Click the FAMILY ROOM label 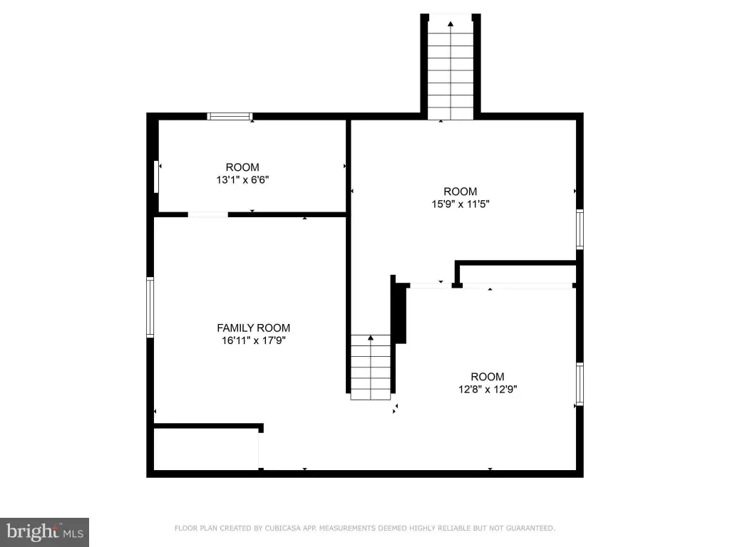[253, 328]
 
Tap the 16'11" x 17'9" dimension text [253, 340]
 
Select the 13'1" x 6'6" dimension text [242, 179]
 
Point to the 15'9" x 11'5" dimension [461, 204]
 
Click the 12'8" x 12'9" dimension [488, 389]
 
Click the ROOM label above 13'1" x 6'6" [242, 167]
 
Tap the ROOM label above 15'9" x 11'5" [461, 191]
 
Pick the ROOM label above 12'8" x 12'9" [488, 376]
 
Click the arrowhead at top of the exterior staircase [451, 24]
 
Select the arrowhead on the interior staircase [371, 338]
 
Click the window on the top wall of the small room [230, 116]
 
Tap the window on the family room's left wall [150, 307]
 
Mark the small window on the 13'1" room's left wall [156, 177]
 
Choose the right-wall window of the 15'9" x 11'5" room [580, 229]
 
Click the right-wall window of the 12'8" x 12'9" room [580, 384]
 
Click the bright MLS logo [44, 532]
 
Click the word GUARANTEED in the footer [530, 528]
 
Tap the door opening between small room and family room [208, 214]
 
